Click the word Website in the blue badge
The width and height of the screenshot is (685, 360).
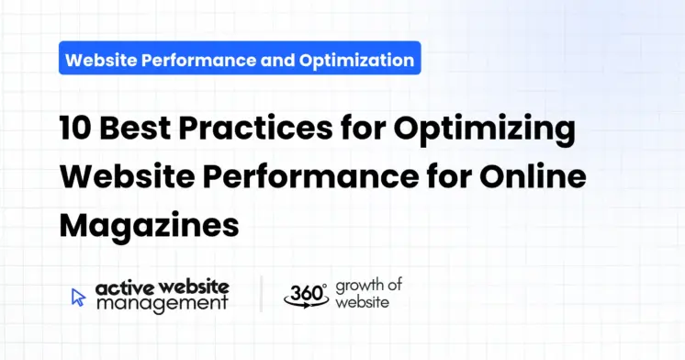(x=101, y=62)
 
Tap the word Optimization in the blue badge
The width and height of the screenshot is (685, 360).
(x=355, y=62)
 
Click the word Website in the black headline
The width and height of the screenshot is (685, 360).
(x=129, y=177)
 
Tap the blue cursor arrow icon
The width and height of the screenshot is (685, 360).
(x=78, y=297)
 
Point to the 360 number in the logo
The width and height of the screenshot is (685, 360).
(x=303, y=292)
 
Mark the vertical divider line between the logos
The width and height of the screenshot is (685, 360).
(x=262, y=294)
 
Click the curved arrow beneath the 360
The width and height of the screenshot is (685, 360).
(x=306, y=305)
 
